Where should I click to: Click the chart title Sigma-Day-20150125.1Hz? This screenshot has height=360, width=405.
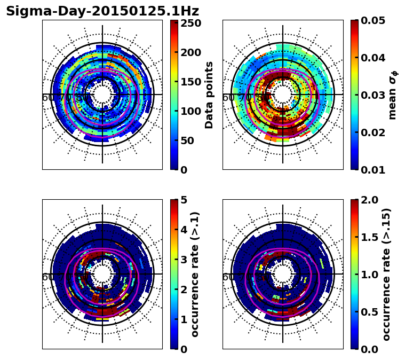(x=102, y=11)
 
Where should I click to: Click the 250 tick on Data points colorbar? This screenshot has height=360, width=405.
(x=190, y=23)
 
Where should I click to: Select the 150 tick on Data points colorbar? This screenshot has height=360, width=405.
(x=190, y=82)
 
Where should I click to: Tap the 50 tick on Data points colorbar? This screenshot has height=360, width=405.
(x=187, y=140)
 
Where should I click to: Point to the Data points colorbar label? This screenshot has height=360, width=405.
(x=209, y=95)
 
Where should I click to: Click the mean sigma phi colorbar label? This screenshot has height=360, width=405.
(x=392, y=95)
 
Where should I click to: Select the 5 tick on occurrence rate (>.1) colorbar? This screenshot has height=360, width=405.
(x=184, y=200)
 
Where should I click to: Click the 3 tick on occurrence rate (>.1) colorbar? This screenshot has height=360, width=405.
(x=184, y=260)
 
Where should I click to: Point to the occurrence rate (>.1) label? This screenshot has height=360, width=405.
(x=195, y=274)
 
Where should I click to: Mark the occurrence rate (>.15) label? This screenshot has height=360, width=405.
(x=386, y=274)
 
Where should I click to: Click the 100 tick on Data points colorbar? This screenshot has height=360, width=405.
(x=190, y=111)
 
